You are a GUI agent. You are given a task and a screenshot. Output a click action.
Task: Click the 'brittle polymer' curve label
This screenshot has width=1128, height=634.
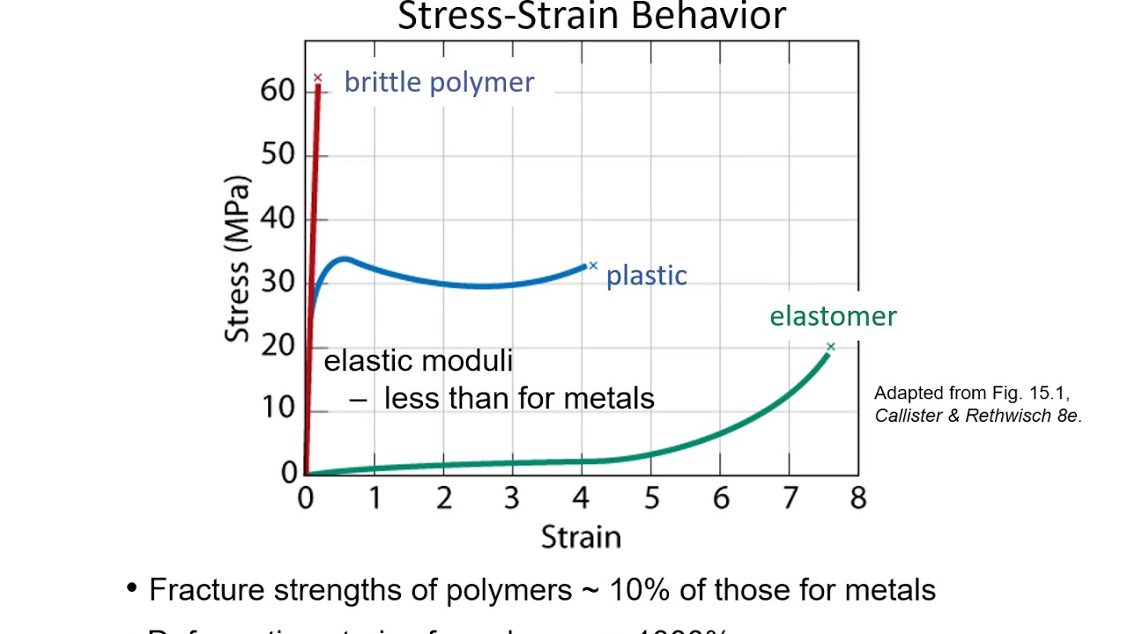coord(439,82)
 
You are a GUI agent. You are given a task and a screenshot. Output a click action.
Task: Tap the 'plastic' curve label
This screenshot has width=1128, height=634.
coord(646,276)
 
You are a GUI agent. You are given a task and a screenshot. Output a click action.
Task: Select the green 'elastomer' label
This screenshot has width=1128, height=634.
coord(833,316)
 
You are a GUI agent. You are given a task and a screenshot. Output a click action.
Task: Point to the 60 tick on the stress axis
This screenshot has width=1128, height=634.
coord(278,91)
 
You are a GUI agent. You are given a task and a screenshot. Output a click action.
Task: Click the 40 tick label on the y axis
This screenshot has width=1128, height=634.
coord(278,218)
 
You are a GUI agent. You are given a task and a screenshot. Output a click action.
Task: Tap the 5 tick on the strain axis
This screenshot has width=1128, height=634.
coord(651,498)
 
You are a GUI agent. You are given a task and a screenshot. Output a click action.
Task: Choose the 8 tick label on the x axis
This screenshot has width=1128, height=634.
coord(858,498)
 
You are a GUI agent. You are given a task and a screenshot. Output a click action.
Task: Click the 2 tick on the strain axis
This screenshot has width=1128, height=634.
coord(443,498)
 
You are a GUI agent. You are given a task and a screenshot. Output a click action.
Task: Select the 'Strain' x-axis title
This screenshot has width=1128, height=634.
coord(581,536)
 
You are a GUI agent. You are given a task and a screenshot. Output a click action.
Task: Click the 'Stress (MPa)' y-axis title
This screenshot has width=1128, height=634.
coord(237,259)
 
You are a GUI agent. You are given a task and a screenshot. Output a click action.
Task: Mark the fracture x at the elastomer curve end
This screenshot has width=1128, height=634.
coord(830,347)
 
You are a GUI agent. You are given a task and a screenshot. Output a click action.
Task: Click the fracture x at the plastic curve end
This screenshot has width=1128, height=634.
coord(593,265)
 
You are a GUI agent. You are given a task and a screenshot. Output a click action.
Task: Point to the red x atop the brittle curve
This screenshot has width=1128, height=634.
coord(318,77)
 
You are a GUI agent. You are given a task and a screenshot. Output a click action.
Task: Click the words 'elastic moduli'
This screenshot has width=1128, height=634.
coord(418,361)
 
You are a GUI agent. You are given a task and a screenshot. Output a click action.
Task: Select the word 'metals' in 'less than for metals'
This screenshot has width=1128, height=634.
coord(609,399)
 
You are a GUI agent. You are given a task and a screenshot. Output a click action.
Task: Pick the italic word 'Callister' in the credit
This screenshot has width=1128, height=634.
coord(911,416)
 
